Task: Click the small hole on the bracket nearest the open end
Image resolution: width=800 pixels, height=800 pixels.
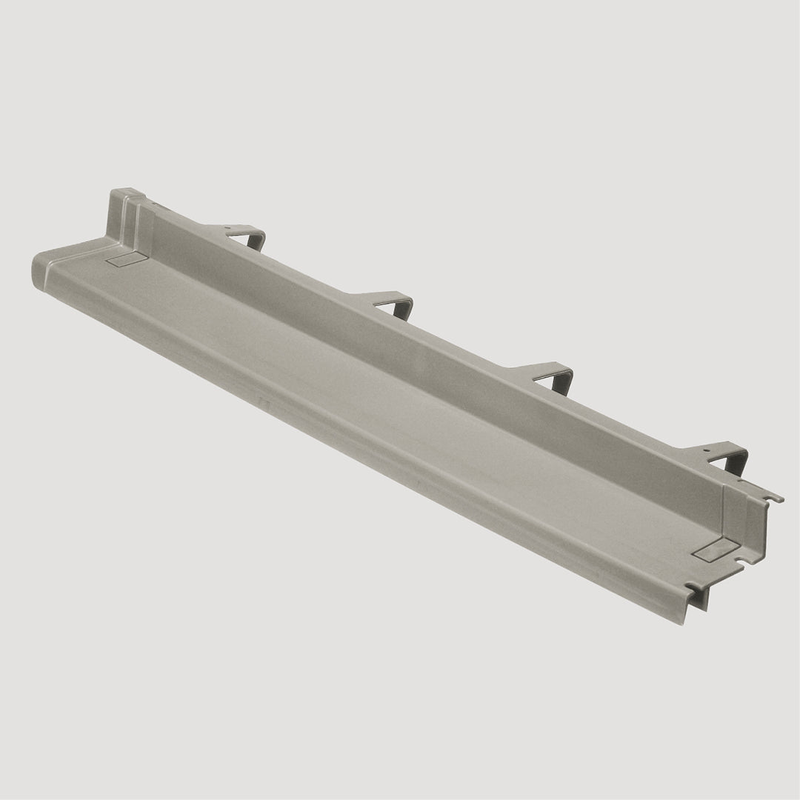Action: (706, 448)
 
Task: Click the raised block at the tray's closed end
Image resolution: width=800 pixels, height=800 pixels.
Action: (126, 215)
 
